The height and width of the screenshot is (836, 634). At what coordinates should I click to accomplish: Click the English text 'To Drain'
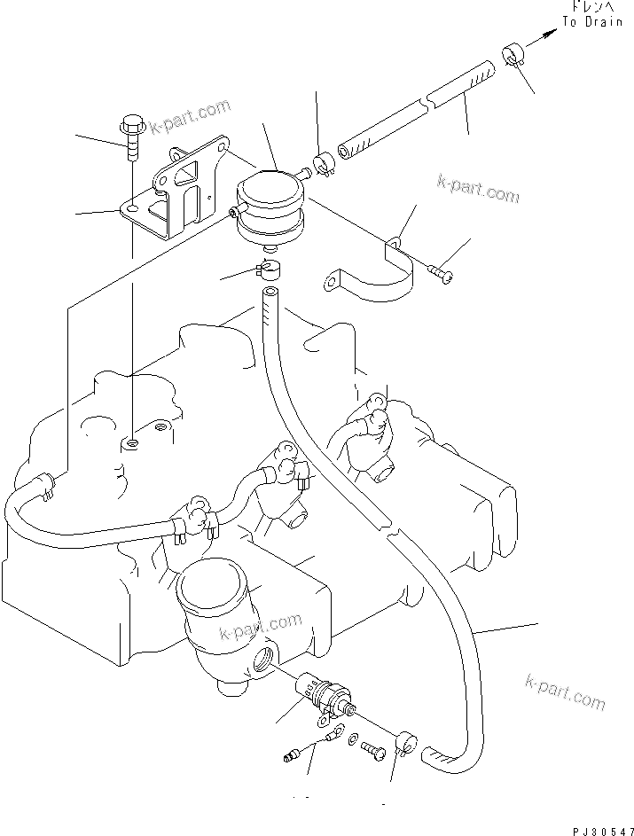tap(592, 22)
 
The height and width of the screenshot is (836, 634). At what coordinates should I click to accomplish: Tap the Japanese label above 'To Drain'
tap(592, 8)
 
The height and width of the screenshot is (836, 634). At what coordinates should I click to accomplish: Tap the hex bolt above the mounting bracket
tap(131, 137)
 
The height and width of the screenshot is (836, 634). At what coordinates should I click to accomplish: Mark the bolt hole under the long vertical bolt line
tap(131, 441)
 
